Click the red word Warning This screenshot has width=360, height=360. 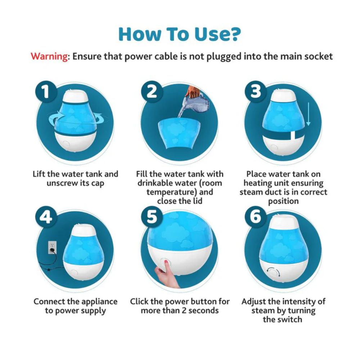[49, 57]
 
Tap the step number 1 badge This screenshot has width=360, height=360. [45, 92]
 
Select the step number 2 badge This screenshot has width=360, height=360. [152, 92]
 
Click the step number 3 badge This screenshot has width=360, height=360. [256, 92]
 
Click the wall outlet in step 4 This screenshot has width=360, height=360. [53, 247]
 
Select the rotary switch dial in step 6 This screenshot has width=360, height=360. [273, 272]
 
